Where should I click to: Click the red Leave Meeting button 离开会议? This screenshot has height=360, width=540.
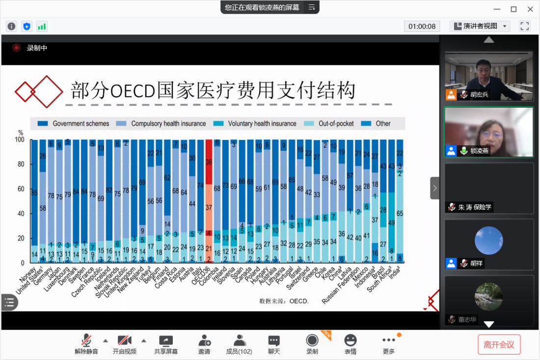pyautogui.click(x=499, y=344)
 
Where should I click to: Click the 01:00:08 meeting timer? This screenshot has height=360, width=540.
pyautogui.click(x=422, y=26)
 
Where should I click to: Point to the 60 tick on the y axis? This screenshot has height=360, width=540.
pyautogui.click(x=21, y=189)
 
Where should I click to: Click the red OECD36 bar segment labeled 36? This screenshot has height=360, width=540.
pyautogui.click(x=209, y=162)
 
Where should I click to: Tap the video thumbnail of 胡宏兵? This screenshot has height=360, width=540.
pyautogui.click(x=488, y=76)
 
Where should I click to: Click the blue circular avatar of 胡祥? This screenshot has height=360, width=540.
pyautogui.click(x=488, y=241)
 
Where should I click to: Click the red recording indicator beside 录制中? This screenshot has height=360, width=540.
pyautogui.click(x=17, y=48)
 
